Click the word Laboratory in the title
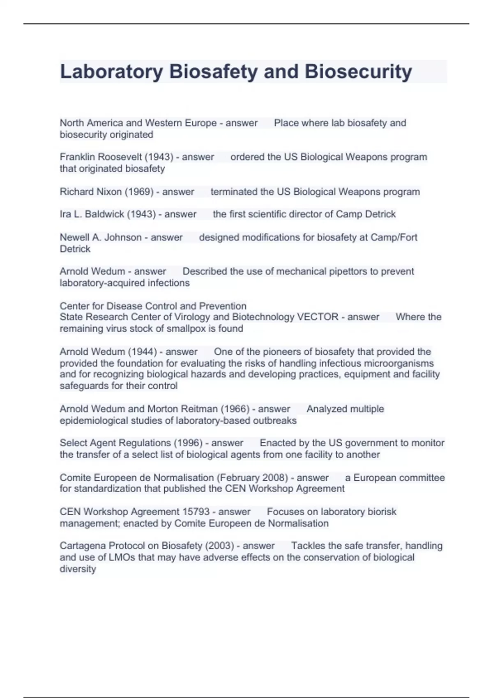(x=111, y=72)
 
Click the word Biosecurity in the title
(x=358, y=72)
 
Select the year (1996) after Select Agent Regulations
(x=188, y=443)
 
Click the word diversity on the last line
(x=78, y=569)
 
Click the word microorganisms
(x=400, y=363)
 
